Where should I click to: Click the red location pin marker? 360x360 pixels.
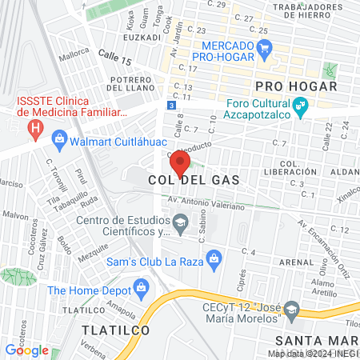tap(181, 164)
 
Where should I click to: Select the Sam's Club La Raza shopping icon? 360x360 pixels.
tap(214, 258)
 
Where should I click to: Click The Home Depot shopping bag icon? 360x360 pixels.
tap(142, 286)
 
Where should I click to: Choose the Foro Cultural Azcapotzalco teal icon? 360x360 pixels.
tap(301, 105)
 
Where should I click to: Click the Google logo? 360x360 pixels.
tap(26, 350)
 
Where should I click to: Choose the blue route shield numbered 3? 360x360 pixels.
tap(171, 106)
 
